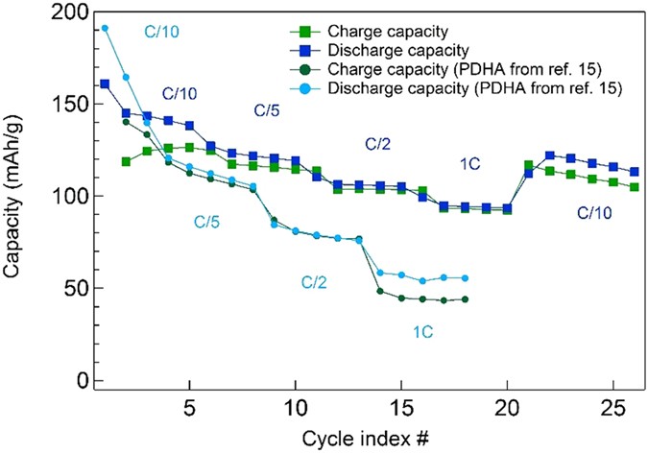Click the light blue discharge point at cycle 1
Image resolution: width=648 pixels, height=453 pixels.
pos(105,28)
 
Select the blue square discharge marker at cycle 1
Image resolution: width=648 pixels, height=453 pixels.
pos(105,83)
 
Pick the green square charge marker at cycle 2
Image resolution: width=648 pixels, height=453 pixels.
pos(126,161)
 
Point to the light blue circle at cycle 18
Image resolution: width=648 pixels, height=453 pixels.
pos(466,278)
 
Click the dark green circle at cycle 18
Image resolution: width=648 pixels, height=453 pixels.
pos(466,299)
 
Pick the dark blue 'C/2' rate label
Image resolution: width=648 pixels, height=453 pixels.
pos(375,144)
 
